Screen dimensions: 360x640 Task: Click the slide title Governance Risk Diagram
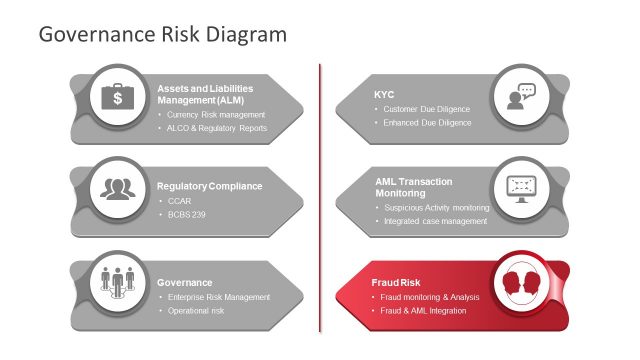click(x=162, y=34)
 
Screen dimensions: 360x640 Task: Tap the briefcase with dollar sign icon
click(x=118, y=97)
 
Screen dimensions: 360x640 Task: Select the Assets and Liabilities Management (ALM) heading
click(x=205, y=95)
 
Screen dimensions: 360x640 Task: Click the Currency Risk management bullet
click(x=215, y=115)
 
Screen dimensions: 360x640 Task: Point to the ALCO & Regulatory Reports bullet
click(x=217, y=129)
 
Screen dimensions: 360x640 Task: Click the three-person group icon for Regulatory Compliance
click(x=118, y=187)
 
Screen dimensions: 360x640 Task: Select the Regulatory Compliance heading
click(x=209, y=186)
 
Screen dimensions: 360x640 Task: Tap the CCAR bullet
click(x=179, y=201)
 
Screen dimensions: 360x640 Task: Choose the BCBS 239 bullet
click(x=187, y=215)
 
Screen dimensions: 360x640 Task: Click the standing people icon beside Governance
click(x=118, y=283)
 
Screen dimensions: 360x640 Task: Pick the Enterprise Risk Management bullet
click(x=218, y=297)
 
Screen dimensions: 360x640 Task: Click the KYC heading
click(x=384, y=95)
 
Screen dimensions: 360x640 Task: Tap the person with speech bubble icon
click(x=520, y=97)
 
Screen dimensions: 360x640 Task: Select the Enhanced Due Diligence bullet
click(x=427, y=123)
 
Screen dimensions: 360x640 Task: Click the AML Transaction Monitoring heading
click(x=413, y=187)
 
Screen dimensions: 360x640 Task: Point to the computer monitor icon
click(x=520, y=187)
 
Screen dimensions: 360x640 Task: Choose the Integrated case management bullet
click(x=436, y=221)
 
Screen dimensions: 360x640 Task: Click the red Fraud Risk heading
click(x=396, y=282)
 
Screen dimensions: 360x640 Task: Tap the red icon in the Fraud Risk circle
click(x=520, y=282)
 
